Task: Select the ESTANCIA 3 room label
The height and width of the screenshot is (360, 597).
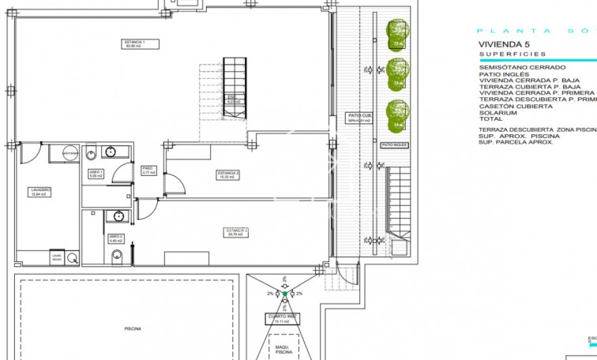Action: pyautogui.click(x=237, y=231)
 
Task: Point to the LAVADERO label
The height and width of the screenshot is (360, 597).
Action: pyautogui.click(x=41, y=192)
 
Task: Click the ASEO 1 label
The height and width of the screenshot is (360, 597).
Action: pyautogui.click(x=96, y=174)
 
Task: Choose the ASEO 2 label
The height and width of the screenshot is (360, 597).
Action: pyautogui.click(x=115, y=238)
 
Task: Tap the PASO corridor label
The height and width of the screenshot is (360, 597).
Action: pyautogui.click(x=147, y=170)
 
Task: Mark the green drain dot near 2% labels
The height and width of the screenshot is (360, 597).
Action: pyautogui.click(x=283, y=294)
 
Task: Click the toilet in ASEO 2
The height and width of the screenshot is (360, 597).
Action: pyautogui.click(x=116, y=254)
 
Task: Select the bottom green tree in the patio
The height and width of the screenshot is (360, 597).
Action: pyautogui.click(x=397, y=114)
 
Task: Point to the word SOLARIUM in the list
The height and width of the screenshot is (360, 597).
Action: pyautogui.click(x=497, y=111)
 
